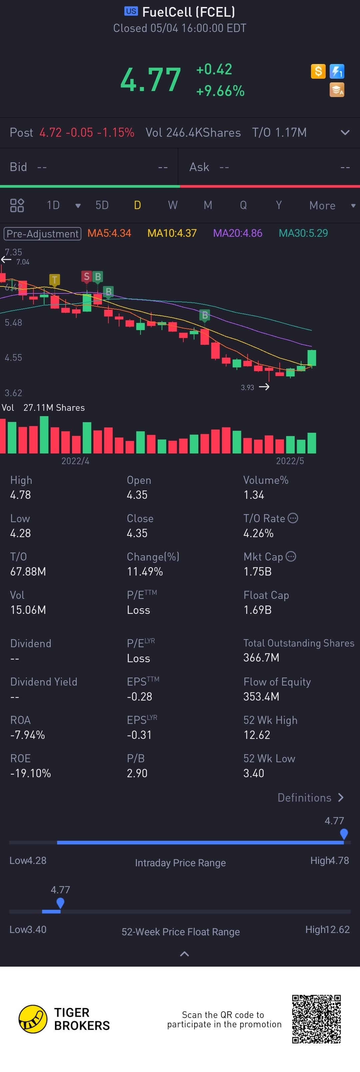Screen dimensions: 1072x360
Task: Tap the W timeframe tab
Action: [173, 205]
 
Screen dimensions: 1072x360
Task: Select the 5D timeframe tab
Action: [102, 205]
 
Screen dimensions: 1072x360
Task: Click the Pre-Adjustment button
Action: [42, 233]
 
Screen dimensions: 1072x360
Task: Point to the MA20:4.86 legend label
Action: [237, 233]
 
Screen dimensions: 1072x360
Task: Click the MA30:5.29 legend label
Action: [303, 233]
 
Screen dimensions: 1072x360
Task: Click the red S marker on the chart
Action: [87, 277]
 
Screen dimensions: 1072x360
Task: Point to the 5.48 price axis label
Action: [13, 322]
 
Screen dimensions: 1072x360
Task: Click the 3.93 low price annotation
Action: [247, 387]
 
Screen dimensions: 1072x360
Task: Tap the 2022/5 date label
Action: [290, 461]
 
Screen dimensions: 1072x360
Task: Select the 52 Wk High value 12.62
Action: [257, 735]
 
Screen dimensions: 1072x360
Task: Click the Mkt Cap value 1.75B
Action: [257, 572]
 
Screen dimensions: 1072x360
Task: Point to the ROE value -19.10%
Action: [30, 773]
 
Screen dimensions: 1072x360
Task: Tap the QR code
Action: [316, 1019]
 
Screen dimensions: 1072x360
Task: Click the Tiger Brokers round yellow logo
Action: [33, 1019]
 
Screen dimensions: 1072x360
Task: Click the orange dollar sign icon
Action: [318, 71]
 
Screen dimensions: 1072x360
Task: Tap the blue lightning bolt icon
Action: [337, 71]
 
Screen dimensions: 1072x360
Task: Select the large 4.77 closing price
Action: [151, 79]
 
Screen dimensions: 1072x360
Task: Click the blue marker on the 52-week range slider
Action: [60, 903]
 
